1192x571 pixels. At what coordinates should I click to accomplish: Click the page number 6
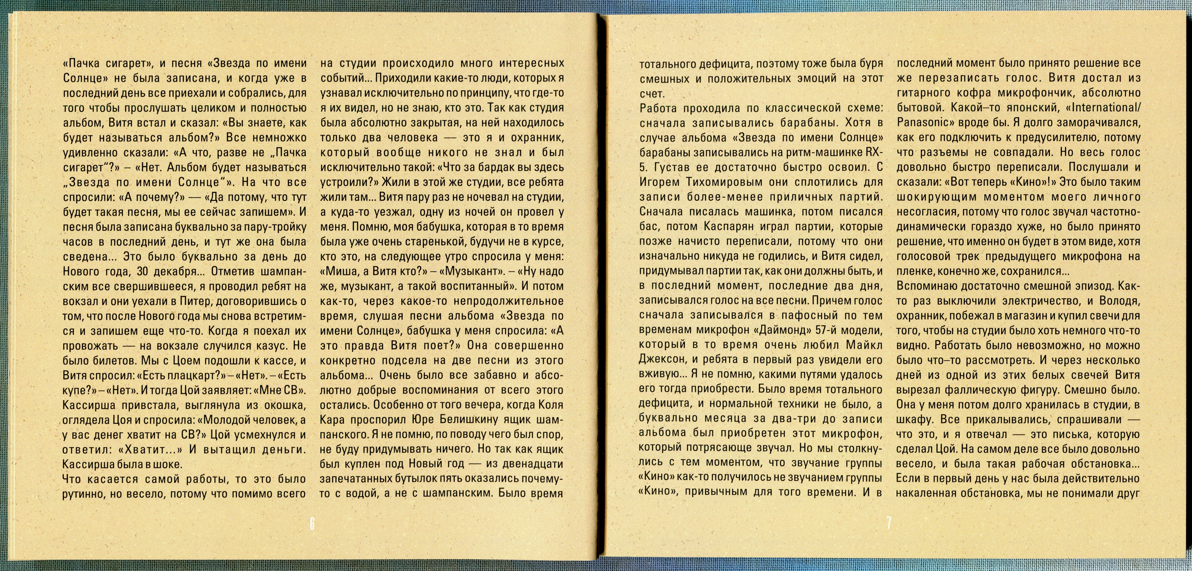click(312, 525)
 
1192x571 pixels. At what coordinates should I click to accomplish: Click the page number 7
click(889, 525)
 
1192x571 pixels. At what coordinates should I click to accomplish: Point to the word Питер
click(190, 301)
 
